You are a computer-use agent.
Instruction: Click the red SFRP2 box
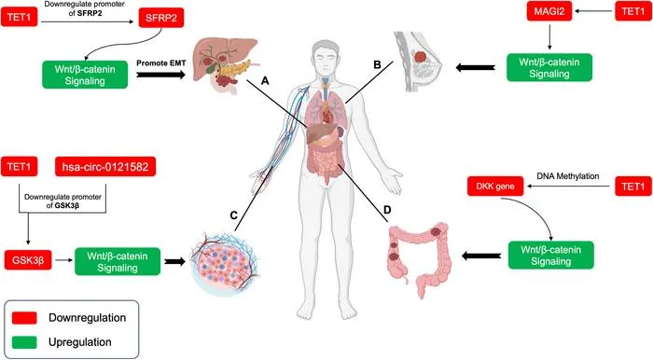coord(161,18)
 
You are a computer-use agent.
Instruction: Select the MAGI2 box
coord(549,11)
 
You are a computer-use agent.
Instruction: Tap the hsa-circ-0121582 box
coord(105,167)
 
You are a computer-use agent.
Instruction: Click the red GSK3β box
coord(28,260)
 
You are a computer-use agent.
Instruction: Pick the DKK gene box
coord(495,187)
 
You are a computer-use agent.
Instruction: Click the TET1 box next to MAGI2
coord(633,11)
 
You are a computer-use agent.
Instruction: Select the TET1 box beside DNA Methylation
coord(633,186)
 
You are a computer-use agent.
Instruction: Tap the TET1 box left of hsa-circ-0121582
coord(20,167)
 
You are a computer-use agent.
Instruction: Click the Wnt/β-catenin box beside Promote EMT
coord(85,75)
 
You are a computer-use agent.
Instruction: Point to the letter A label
coord(265,81)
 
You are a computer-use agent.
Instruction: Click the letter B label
coord(377,65)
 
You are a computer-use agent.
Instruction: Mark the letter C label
coord(233,215)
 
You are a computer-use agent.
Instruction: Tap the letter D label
coord(387,210)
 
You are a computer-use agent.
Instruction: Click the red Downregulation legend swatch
coord(24,318)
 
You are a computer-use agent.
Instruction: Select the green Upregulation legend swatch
coord(24,342)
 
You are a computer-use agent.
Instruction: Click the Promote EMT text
coord(161,63)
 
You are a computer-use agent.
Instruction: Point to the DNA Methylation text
coord(568,176)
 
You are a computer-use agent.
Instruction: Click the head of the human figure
coord(326,57)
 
